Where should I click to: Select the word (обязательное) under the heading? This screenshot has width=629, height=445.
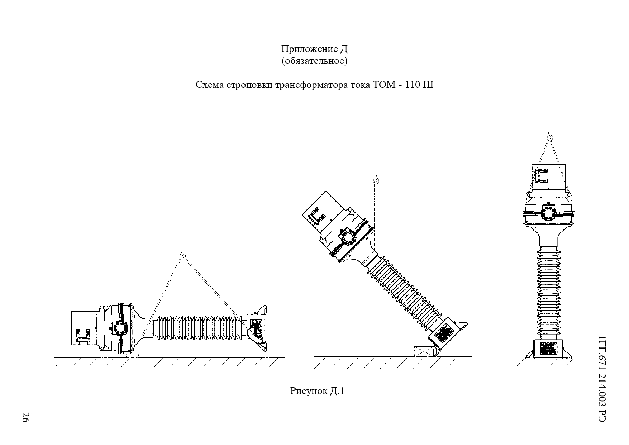[x=314, y=61]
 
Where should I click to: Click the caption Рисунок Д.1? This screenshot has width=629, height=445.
[x=317, y=391]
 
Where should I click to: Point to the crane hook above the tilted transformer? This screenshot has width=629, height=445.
[x=376, y=178]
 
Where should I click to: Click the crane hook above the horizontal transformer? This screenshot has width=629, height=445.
[x=182, y=254]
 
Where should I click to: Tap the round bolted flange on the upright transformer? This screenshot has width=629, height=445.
[x=548, y=212]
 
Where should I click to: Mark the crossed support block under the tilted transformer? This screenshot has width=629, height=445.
[x=424, y=351]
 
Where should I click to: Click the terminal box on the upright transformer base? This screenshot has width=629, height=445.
[x=549, y=348]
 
